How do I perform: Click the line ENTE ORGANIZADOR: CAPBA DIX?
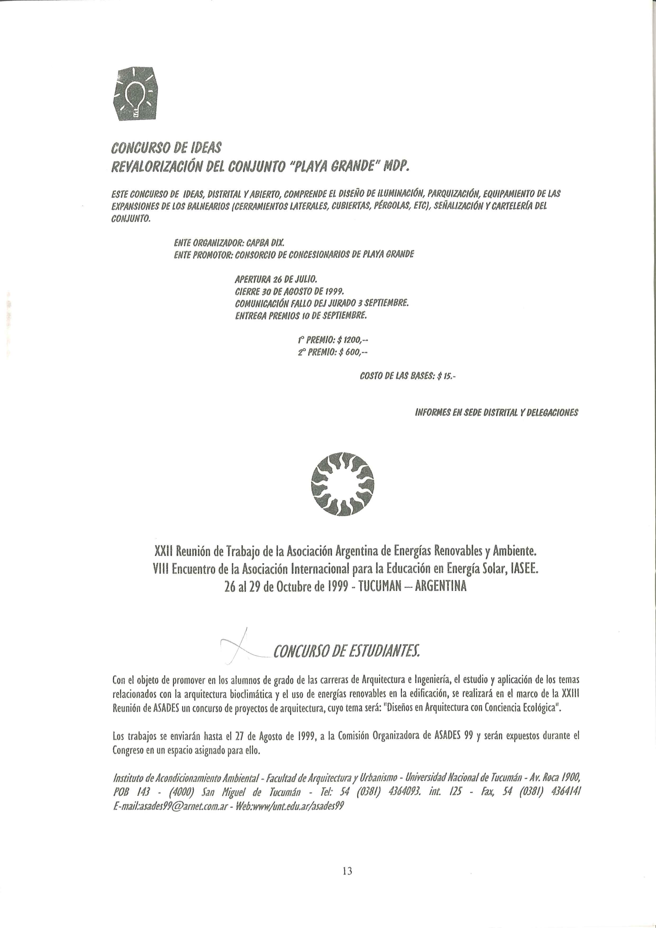(x=229, y=243)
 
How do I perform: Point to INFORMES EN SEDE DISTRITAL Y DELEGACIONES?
(x=496, y=413)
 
